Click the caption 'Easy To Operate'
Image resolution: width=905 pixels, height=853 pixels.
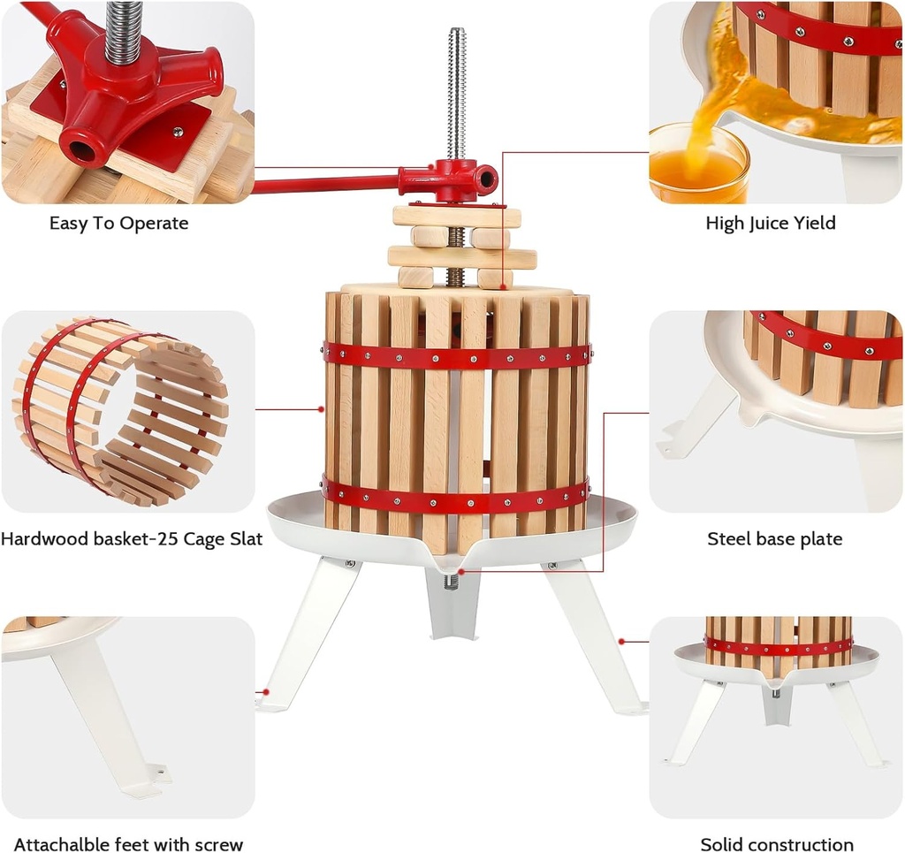point(118,224)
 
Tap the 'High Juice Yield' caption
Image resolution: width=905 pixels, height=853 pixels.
point(770,224)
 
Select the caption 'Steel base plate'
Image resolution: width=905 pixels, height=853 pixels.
point(774,538)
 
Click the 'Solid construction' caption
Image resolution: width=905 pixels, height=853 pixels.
point(776,844)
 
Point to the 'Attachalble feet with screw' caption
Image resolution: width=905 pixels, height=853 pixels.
point(128,844)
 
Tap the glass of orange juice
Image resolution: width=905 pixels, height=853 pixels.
point(697,164)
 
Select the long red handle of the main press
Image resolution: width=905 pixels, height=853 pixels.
point(327,184)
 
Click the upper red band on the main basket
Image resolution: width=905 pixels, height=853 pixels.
point(457,356)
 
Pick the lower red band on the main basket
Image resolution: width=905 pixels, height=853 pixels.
point(457,497)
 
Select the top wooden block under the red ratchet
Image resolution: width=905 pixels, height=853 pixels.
point(456,217)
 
